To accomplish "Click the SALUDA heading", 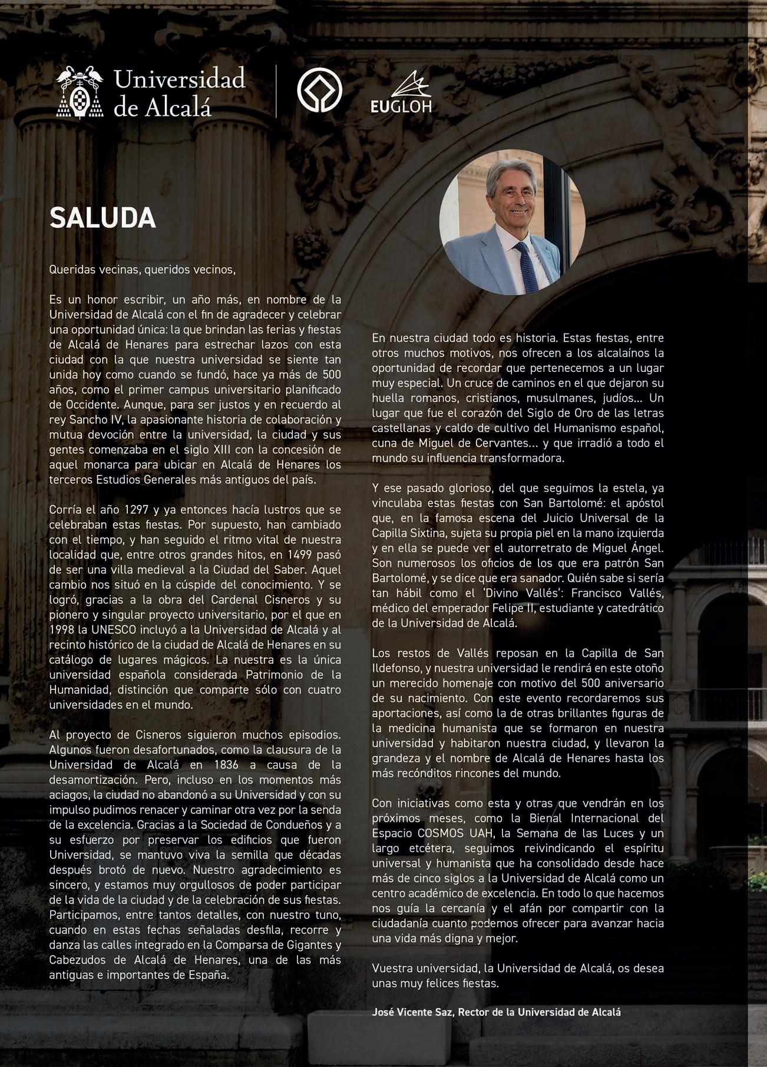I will [x=103, y=218].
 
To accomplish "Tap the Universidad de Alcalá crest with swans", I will [x=80, y=92].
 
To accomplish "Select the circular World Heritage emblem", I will [x=319, y=91].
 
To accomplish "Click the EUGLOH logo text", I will [x=401, y=107].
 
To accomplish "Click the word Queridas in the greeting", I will [x=71, y=270].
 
